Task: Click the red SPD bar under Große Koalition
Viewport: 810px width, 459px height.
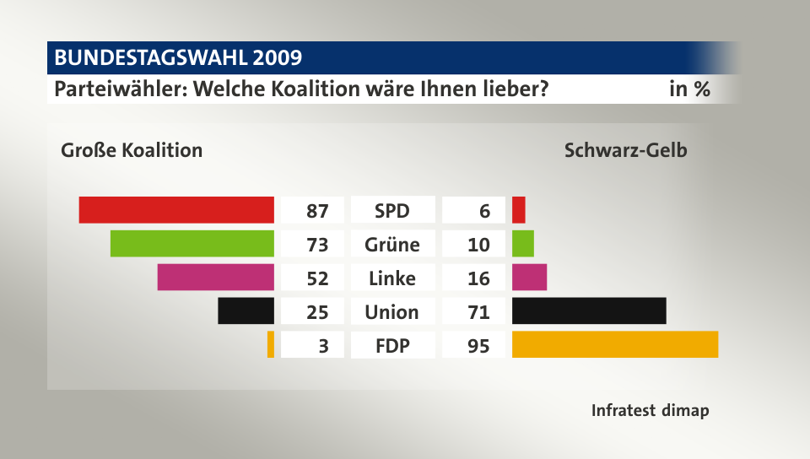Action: coord(176,210)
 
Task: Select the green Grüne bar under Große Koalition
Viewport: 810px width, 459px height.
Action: coord(192,244)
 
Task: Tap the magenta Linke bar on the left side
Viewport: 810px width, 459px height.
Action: coord(216,278)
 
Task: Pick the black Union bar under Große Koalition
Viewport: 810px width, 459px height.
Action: coord(246,311)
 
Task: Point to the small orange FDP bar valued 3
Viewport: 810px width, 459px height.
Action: coord(271,345)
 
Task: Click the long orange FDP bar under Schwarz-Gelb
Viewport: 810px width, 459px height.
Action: coord(615,345)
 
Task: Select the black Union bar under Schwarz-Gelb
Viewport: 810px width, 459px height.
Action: coord(589,311)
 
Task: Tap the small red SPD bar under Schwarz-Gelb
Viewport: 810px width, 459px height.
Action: coord(519,210)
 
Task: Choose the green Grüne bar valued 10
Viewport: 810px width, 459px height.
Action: coord(523,244)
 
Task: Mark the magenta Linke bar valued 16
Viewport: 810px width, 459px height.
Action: coord(530,278)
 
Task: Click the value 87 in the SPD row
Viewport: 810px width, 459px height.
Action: coord(317,211)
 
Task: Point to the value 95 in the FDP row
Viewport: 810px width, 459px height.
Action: coord(478,346)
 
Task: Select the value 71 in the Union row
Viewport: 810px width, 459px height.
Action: coord(478,312)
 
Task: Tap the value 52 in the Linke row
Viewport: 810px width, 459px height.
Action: coord(317,278)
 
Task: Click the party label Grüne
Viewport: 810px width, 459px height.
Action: coord(392,245)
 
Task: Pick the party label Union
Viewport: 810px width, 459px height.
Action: coord(392,312)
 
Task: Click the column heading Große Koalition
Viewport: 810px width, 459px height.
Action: coord(132,151)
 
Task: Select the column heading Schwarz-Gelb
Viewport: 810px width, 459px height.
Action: coord(625,151)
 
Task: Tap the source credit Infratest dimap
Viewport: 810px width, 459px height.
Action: coord(650,411)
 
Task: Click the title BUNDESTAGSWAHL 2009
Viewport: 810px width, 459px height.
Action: coord(178,57)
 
